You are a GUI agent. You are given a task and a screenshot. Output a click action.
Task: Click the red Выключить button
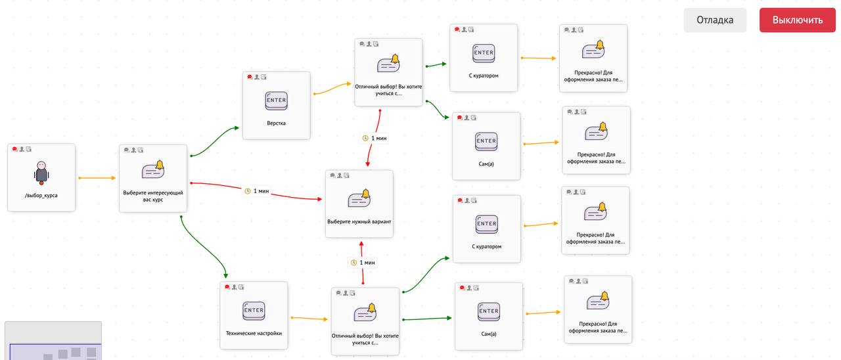pyautogui.click(x=797, y=20)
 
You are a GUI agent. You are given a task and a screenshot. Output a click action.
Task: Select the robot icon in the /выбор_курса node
pyautogui.click(x=41, y=173)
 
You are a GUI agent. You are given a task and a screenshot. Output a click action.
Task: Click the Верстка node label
pyautogui.click(x=277, y=123)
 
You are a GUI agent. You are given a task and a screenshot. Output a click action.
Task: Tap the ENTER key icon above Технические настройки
pyautogui.click(x=254, y=311)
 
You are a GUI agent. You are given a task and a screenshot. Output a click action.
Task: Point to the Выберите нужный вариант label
pyautogui.click(x=359, y=221)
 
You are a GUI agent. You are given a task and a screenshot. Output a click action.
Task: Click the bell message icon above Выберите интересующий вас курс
pyautogui.click(x=153, y=169)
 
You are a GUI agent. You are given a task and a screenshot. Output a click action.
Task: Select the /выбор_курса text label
pyautogui.click(x=41, y=195)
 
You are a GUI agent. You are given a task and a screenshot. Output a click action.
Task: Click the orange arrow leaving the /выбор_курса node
pyautogui.click(x=97, y=178)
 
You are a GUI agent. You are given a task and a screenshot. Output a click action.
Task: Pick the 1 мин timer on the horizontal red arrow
pyautogui.click(x=258, y=191)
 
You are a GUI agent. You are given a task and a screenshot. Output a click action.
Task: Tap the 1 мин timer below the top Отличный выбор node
pyautogui.click(x=375, y=138)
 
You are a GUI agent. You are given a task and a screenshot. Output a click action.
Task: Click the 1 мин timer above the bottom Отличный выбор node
pyautogui.click(x=363, y=262)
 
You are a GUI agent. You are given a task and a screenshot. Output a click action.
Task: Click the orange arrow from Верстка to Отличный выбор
pyautogui.click(x=332, y=88)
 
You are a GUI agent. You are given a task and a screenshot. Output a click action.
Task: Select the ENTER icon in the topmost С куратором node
pyautogui.click(x=484, y=53)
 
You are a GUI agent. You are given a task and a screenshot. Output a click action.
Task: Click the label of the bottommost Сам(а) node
pyautogui.click(x=489, y=334)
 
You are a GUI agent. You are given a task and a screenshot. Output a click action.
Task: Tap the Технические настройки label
pyautogui.click(x=254, y=333)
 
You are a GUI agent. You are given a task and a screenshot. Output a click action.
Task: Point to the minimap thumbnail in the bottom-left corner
pyautogui.click(x=53, y=341)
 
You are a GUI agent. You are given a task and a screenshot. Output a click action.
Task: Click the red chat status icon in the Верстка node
pyautogui.click(x=250, y=77)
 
